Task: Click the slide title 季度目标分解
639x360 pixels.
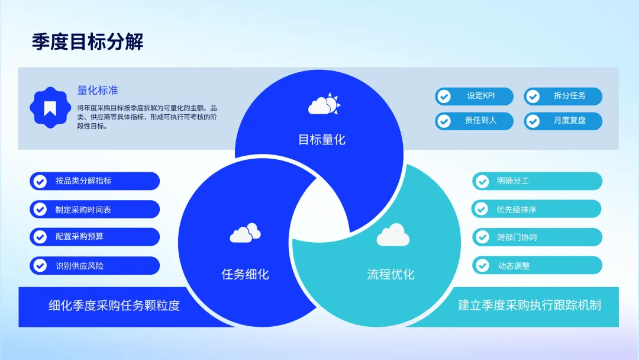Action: [x=88, y=42]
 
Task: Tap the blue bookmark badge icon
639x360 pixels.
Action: [x=50, y=107]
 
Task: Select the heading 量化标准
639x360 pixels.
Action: [x=98, y=91]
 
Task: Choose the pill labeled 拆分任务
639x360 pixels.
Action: [x=563, y=97]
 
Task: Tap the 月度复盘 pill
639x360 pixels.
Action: [x=563, y=121]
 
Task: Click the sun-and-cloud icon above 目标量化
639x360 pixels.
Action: [x=324, y=105]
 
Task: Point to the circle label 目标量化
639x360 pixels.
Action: [x=321, y=140]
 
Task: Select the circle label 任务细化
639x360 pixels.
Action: [x=245, y=274]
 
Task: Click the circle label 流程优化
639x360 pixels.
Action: [x=390, y=274]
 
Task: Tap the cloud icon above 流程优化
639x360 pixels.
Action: [x=393, y=235]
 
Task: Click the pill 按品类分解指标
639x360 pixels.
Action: [x=95, y=181]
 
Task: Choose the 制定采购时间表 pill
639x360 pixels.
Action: [x=95, y=209]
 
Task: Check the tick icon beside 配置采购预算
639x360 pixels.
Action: [x=40, y=237]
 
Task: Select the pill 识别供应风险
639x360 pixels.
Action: [x=95, y=266]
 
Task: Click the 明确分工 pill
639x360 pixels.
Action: [x=537, y=181]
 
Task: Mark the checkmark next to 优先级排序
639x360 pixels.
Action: [x=482, y=209]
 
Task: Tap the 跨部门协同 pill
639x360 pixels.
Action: [x=537, y=237]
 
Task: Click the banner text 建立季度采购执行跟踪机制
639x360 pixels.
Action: [x=529, y=306]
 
